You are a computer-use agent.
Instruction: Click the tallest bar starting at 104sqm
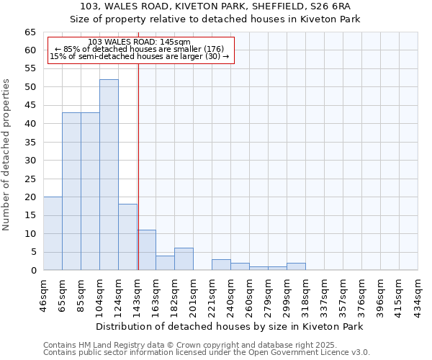click(109, 175)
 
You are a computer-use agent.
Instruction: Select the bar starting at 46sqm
click(53, 233)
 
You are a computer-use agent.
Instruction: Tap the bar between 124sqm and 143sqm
click(127, 237)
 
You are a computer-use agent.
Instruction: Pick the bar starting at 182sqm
click(184, 259)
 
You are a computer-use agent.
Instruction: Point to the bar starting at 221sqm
click(221, 264)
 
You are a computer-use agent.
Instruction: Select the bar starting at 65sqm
click(71, 192)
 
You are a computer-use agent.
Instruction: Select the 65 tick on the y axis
click(30, 32)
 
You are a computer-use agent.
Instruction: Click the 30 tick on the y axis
click(30, 160)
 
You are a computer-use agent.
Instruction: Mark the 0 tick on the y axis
click(33, 270)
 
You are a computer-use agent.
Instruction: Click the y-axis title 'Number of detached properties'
click(7, 155)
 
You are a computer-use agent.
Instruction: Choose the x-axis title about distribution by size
click(229, 326)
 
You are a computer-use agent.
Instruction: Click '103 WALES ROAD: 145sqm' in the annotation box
click(139, 42)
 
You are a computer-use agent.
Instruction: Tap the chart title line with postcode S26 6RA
click(215, 6)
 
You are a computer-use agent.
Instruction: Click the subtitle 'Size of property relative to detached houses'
click(215, 19)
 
